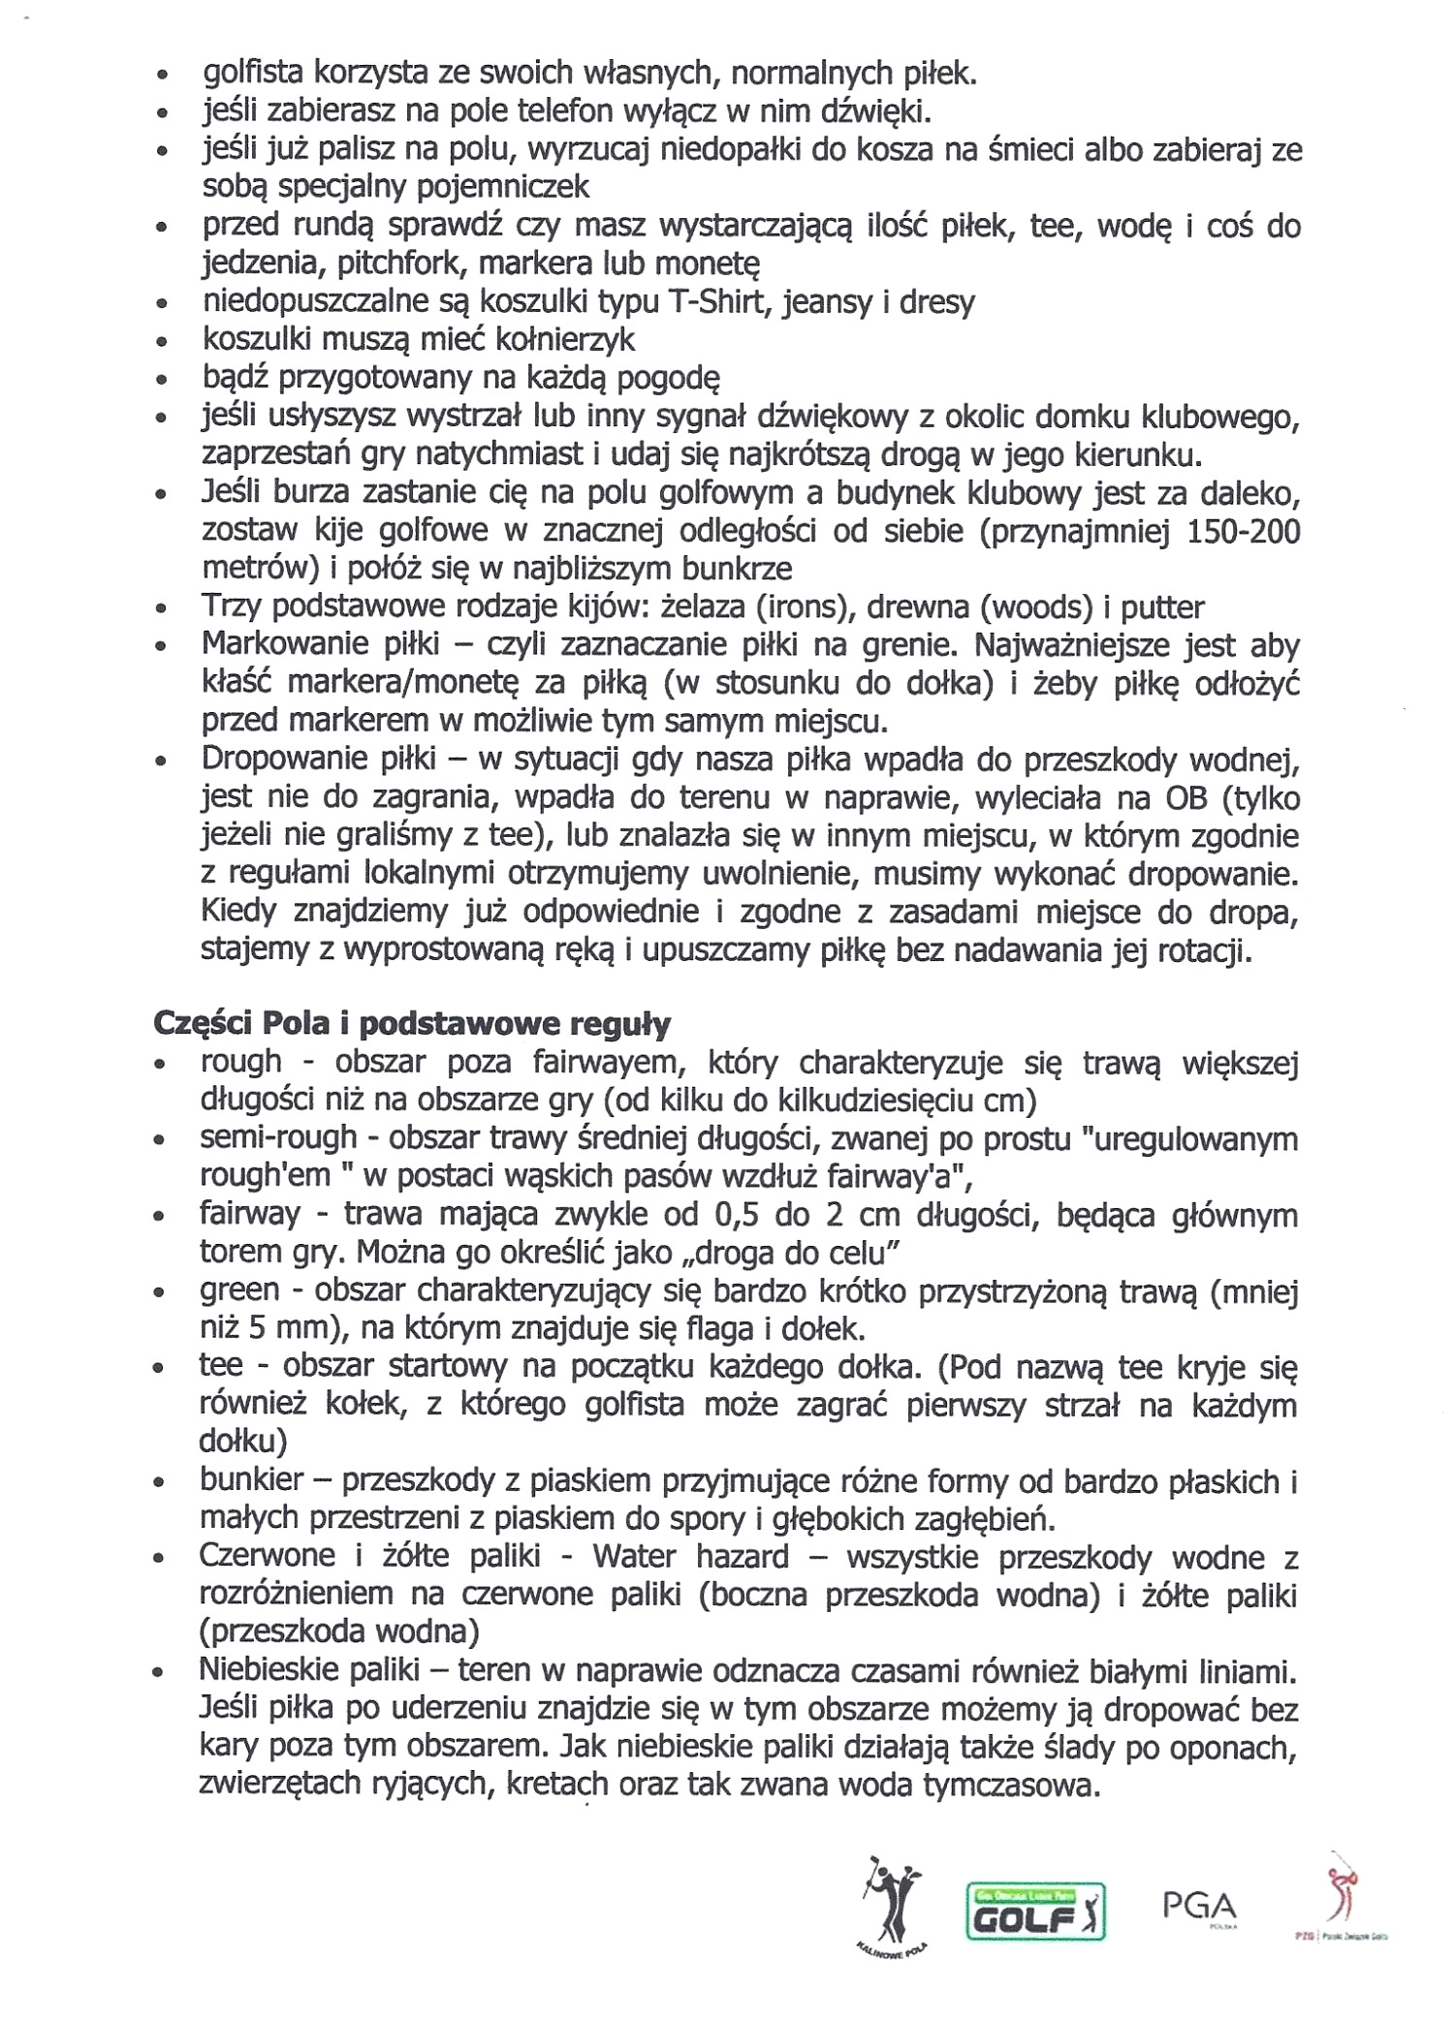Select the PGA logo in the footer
click(x=1199, y=1907)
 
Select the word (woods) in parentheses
click(x=1031, y=607)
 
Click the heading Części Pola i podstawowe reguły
click(x=412, y=1023)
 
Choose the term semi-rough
click(x=279, y=1138)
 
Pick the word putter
click(x=1162, y=607)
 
